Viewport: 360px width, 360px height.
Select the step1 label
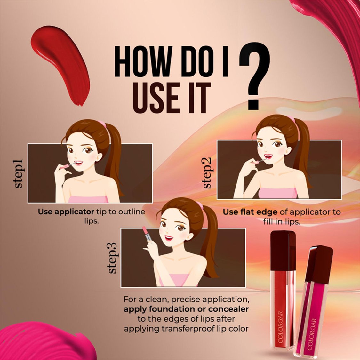18,173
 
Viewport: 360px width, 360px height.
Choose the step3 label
113,258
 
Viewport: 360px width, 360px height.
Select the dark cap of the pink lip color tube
319,264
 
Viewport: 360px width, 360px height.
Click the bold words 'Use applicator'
66,212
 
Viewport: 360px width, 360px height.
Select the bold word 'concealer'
228,309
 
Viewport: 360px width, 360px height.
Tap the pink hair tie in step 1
103,124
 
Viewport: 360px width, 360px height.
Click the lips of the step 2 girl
268,157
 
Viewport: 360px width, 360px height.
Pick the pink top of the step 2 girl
277,193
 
